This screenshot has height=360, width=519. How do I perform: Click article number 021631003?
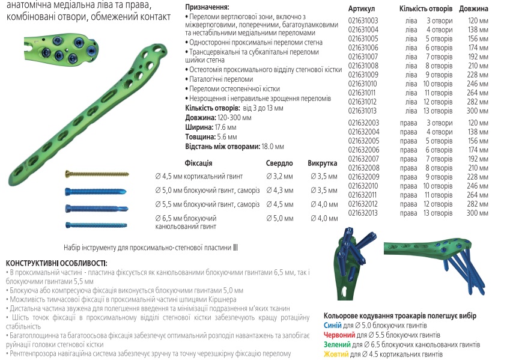(x=363, y=20)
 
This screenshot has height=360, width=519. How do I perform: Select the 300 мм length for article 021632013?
(x=478, y=213)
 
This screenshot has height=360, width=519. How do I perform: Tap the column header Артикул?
(x=362, y=9)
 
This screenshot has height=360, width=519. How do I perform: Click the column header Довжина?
(x=473, y=9)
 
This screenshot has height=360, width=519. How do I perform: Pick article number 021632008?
(x=363, y=168)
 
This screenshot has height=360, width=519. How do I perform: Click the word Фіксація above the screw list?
(x=199, y=163)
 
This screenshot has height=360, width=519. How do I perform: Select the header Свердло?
(x=279, y=163)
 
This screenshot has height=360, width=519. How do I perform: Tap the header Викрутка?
(x=323, y=163)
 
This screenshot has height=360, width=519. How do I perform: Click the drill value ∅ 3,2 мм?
(x=279, y=176)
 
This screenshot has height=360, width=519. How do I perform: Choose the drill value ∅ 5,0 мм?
(x=279, y=219)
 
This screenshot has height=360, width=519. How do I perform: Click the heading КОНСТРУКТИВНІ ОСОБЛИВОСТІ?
(x=56, y=263)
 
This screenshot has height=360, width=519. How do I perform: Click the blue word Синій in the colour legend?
(x=333, y=325)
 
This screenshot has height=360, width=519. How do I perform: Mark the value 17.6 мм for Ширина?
(x=225, y=127)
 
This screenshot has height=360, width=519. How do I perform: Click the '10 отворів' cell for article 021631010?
(x=438, y=84)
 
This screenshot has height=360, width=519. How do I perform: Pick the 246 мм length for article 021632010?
(x=478, y=186)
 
